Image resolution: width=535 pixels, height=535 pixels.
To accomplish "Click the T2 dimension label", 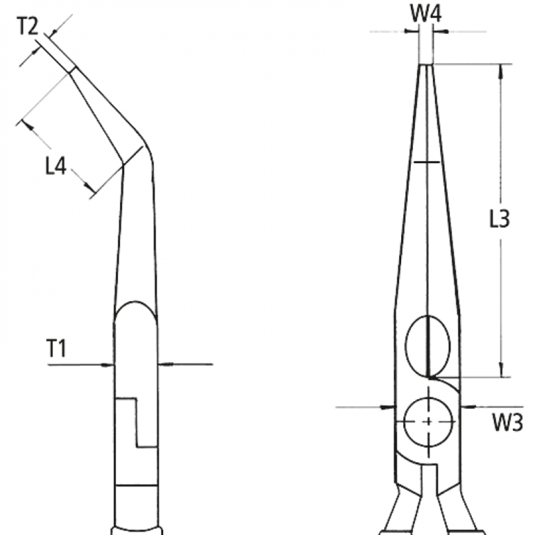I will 28,27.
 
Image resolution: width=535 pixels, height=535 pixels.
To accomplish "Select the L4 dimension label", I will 56,167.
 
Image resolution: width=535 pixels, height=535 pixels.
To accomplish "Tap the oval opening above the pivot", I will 429,346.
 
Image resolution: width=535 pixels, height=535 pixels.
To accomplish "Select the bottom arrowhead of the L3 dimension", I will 501,371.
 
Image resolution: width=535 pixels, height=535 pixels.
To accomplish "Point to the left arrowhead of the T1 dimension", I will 109,365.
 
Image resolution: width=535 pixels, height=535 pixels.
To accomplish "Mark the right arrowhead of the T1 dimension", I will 163,364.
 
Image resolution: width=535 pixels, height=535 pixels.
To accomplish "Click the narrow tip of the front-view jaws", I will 426,66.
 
